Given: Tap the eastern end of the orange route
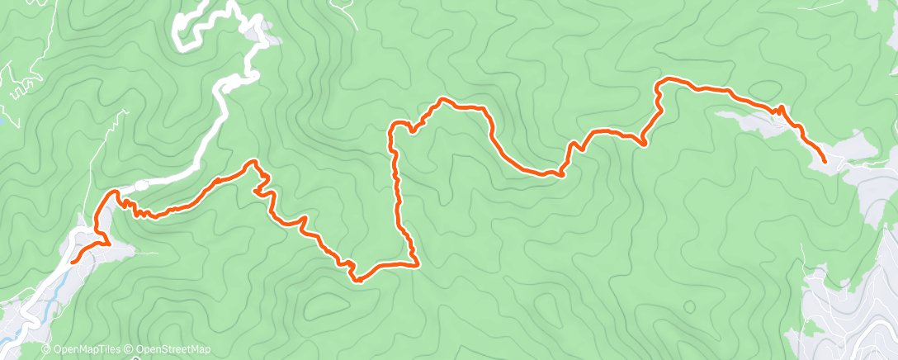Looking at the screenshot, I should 825,161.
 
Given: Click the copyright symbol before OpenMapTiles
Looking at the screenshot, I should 46,350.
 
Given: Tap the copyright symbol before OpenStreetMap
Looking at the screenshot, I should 130,350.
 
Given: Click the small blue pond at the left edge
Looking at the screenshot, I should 2,121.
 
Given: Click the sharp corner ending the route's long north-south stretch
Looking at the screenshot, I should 417,264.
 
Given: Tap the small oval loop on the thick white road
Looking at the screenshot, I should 141,184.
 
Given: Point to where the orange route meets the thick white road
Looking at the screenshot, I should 115,192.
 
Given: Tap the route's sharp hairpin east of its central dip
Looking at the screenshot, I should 643,144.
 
